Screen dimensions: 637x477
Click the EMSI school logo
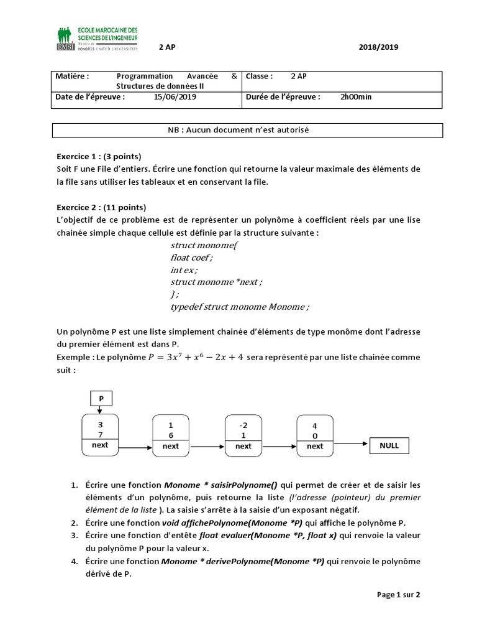click(98, 39)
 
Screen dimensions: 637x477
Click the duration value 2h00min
click(356, 97)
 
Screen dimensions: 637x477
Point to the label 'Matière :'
click(72, 76)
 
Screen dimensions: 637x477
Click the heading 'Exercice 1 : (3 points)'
click(99, 156)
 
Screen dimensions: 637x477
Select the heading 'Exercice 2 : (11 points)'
click(101, 207)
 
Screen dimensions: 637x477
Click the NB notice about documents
click(247, 130)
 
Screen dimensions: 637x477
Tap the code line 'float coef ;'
click(191, 257)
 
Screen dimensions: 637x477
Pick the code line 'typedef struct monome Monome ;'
click(239, 307)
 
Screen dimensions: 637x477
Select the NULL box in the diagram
click(389, 445)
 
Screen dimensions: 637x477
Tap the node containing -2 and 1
click(243, 435)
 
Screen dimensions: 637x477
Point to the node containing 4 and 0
click(315, 435)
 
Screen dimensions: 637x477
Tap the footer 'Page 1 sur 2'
click(399, 595)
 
